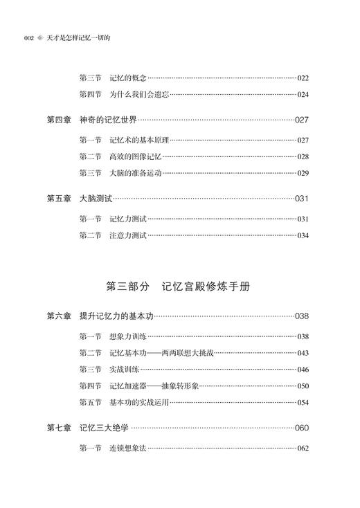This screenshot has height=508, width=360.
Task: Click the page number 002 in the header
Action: tap(29, 39)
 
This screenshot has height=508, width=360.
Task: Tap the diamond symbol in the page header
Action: tap(40, 39)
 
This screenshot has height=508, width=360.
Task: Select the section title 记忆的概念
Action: tap(128, 78)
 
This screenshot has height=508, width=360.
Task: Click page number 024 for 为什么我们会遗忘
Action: tap(303, 95)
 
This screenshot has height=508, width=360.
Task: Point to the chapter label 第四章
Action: tap(59, 120)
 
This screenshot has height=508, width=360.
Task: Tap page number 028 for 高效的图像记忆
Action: tap(303, 157)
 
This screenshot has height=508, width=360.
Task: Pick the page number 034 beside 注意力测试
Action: tap(303, 236)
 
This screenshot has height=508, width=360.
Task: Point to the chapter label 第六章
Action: tap(59, 317)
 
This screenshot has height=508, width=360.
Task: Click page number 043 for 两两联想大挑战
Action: tap(303, 354)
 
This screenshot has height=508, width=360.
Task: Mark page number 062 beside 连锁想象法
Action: tap(303, 449)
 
